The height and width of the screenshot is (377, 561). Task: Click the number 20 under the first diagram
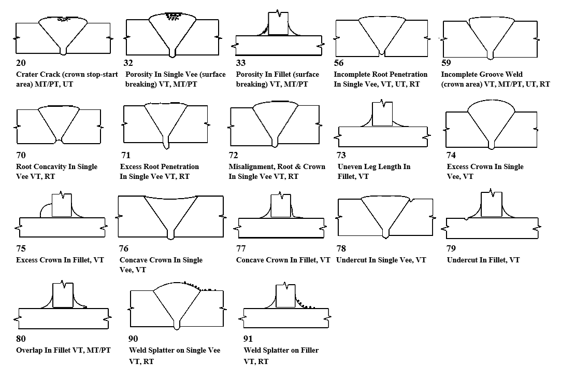pos(21,63)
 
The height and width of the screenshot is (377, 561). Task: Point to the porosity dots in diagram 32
pos(172,16)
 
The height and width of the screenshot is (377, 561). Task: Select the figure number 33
pos(241,63)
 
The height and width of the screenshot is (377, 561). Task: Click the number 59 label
pos(446,63)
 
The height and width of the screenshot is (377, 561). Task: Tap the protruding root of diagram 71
pos(166,145)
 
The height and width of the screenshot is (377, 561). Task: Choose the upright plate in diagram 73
pos(382,114)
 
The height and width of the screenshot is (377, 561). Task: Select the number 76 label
pos(124,248)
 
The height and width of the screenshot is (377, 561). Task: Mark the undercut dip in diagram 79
pos(466,218)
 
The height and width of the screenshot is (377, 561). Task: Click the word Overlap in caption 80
pos(29,350)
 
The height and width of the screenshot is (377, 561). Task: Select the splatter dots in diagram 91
pos(305,303)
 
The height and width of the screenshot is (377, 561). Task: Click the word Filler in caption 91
pos(309,350)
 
